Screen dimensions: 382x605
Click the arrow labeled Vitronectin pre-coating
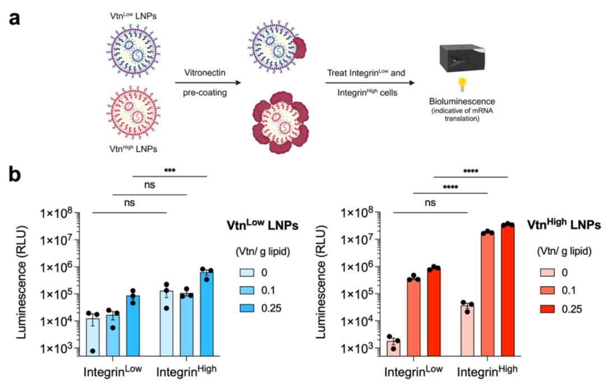(208, 83)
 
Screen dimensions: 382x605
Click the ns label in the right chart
(430, 204)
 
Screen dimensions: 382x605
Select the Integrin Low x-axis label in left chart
(112, 371)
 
